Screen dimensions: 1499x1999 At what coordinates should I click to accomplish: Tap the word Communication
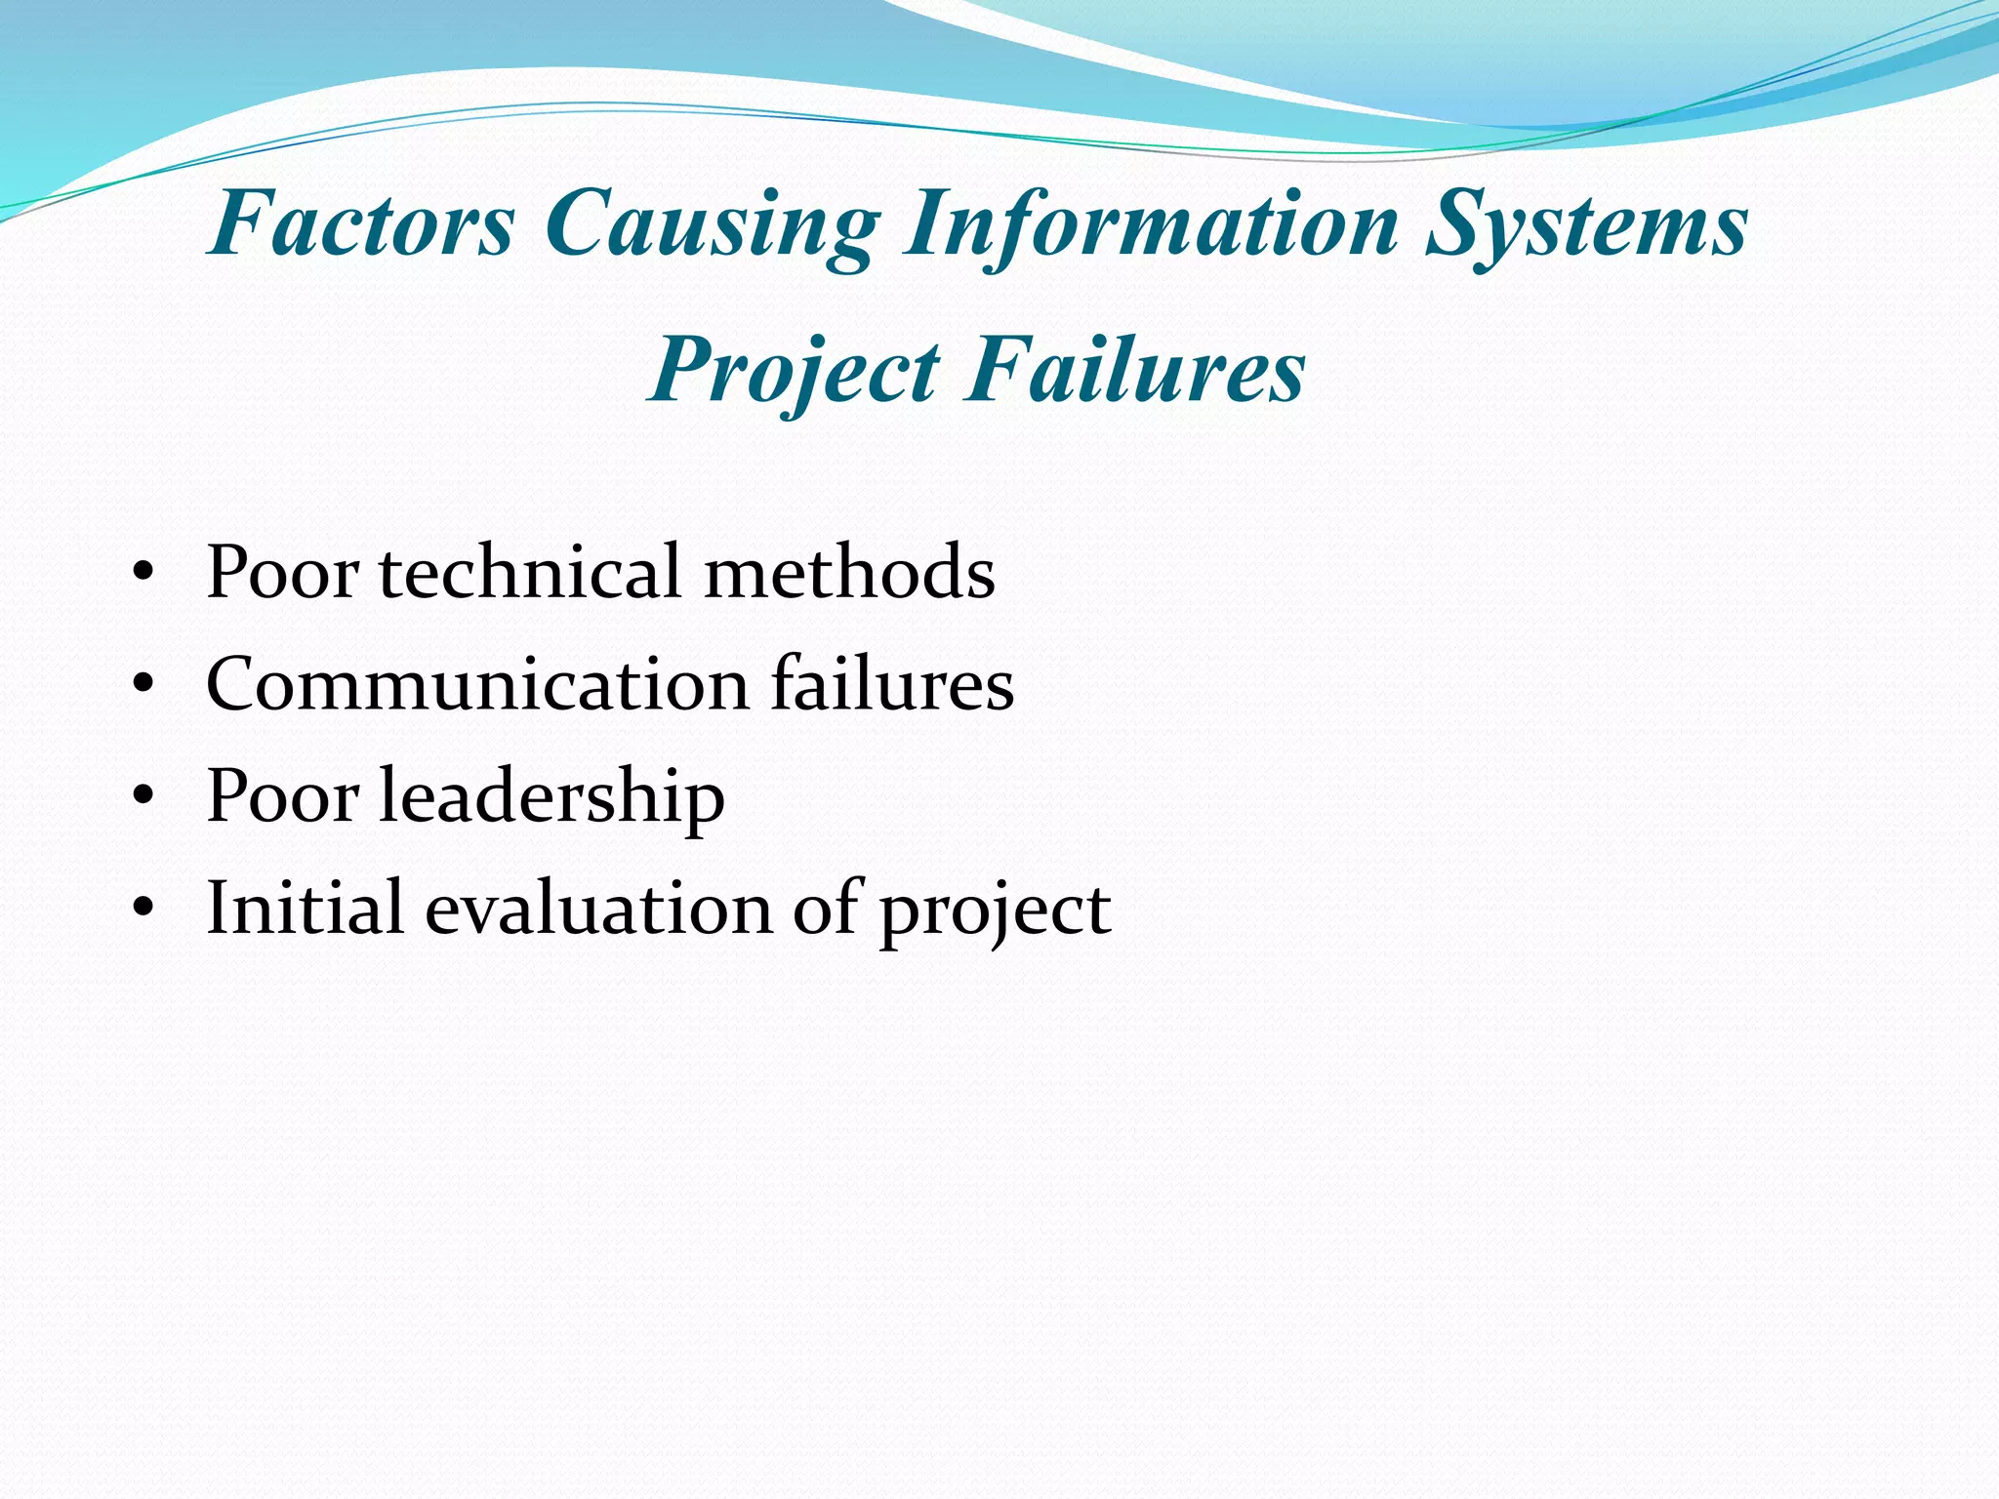coord(476,685)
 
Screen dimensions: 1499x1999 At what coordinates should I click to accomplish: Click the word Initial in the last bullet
coord(305,908)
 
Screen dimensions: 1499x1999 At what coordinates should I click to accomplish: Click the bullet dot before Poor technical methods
coord(143,574)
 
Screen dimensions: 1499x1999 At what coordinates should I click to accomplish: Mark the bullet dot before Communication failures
coord(143,686)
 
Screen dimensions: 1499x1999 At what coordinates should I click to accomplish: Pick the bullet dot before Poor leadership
coord(143,797)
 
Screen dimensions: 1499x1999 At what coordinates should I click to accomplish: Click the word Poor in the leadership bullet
coord(282,796)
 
